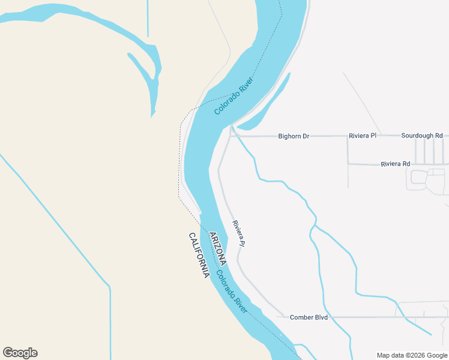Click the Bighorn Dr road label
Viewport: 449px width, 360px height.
point(294,136)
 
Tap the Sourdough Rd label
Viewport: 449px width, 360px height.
point(421,136)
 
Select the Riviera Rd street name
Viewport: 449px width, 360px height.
point(396,164)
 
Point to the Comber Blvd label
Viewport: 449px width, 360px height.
point(309,317)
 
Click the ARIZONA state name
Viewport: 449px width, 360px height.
point(217,248)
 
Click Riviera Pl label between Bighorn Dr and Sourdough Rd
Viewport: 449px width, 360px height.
point(363,136)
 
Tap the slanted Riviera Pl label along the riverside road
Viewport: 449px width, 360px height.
point(239,233)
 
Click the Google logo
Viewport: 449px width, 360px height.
point(20,353)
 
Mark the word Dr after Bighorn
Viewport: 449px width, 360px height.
point(306,136)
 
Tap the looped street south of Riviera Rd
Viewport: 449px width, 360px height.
point(427,180)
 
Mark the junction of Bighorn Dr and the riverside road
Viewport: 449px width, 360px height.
point(231,136)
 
